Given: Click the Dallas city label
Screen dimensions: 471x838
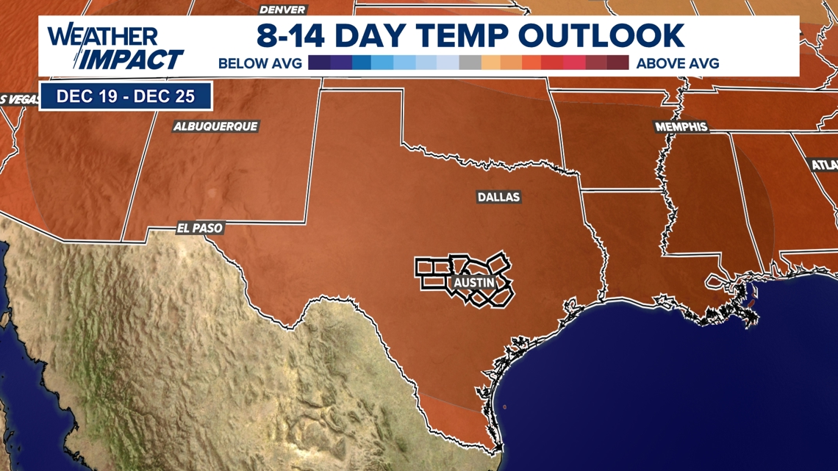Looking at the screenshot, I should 498,197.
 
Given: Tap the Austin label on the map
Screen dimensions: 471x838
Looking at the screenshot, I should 474,283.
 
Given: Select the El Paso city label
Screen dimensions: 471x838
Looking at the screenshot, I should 199,229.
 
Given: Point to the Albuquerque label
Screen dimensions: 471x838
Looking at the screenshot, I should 215,126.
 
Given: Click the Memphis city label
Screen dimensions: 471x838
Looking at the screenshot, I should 681,127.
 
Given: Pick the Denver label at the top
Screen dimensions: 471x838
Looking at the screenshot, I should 283,10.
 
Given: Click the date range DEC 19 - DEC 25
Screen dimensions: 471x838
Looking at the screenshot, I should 126,96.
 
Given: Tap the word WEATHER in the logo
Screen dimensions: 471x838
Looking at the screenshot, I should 102,36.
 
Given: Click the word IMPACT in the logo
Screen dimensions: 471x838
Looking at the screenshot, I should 132,59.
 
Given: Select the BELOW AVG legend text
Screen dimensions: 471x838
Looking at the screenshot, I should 260,63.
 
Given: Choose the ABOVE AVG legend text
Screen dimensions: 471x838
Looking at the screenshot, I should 678,63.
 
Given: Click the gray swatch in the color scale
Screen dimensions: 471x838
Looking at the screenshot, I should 470,63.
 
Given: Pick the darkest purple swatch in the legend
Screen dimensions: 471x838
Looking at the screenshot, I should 319,63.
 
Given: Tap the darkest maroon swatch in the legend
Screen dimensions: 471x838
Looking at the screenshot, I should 618,63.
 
